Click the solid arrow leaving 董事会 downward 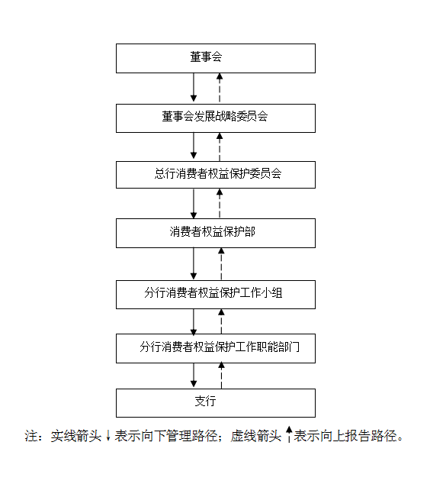(194, 87)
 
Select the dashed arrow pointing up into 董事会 (220, 88)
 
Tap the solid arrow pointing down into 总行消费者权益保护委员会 (194, 146)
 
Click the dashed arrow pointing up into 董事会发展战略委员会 (220, 147)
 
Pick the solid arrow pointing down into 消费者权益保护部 (194, 203)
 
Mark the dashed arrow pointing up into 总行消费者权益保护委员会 (220, 203)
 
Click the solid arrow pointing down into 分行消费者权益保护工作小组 (194, 264)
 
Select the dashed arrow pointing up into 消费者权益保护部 (221, 264)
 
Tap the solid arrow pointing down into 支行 (194, 375)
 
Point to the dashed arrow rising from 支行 (221, 376)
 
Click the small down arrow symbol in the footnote (108, 436)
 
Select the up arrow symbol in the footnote (289, 434)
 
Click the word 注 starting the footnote (31, 436)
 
